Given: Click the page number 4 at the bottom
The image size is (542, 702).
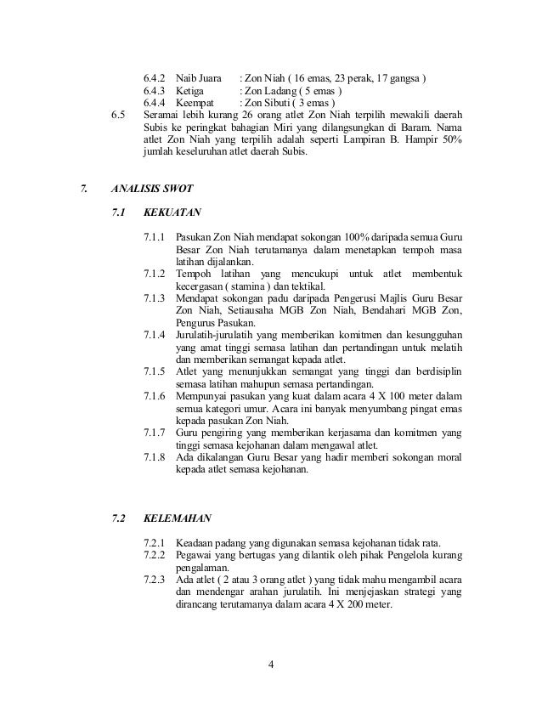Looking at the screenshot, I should pos(271,664).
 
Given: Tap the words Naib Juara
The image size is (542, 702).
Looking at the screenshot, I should pos(198,81).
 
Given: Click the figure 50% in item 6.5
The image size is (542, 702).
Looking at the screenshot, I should pos(450,140).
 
